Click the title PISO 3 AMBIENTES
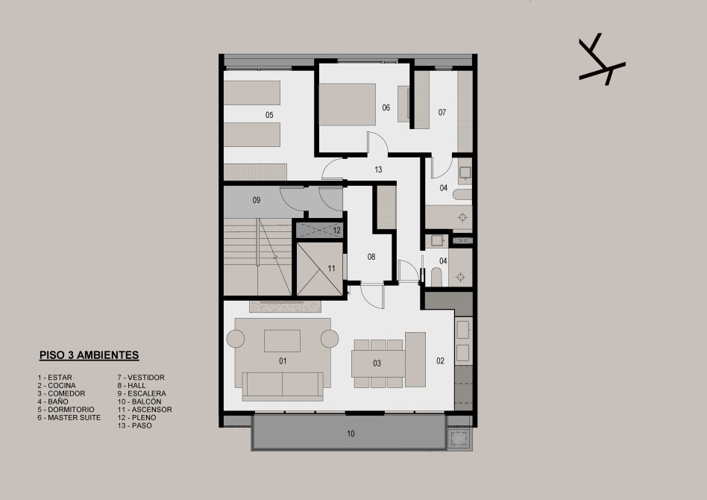[89, 355]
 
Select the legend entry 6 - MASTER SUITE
[69, 417]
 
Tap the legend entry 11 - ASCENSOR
[145, 409]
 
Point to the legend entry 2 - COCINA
[57, 385]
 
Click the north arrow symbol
[601, 60]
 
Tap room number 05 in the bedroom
[269, 115]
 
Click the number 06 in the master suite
[386, 107]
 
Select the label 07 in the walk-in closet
[442, 112]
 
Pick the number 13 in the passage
[378, 169]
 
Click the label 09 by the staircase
[257, 200]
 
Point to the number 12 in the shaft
[337, 231]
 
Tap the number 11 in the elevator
[331, 269]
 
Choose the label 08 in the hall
[371, 257]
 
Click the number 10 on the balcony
[351, 434]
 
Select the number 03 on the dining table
[377, 363]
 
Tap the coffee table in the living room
[282, 341]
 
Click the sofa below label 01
[283, 387]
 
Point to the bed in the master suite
[348, 104]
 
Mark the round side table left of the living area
[236, 339]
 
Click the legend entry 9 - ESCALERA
[142, 393]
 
